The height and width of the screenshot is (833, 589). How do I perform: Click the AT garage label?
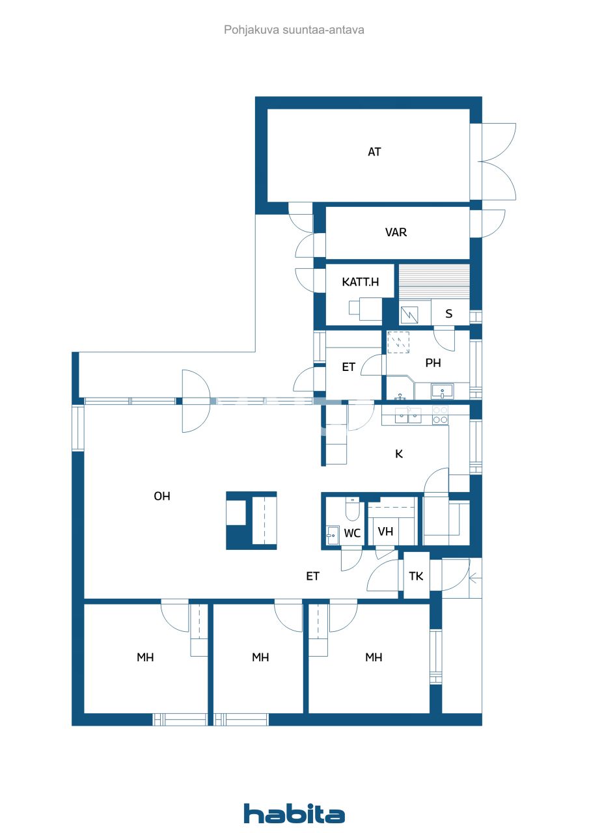[374, 152]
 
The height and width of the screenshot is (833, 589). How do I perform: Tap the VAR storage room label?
[396, 232]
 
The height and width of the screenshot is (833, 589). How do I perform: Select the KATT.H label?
[360, 282]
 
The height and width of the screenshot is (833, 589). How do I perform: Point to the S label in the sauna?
[448, 314]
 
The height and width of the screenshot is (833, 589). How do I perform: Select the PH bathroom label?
[433, 363]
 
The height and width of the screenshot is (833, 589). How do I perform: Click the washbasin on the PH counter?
[446, 392]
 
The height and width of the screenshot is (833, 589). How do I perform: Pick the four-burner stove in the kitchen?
[440, 415]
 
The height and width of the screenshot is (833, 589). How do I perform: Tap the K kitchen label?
[399, 454]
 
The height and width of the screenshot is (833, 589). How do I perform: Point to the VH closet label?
[385, 531]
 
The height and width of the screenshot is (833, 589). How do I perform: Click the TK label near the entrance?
[416, 576]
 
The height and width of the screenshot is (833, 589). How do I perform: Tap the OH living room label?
[161, 496]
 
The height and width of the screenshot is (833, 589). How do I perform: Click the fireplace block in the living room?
[251, 521]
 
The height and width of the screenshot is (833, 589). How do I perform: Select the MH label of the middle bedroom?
[260, 657]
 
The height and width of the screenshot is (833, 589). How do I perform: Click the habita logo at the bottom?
[294, 813]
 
